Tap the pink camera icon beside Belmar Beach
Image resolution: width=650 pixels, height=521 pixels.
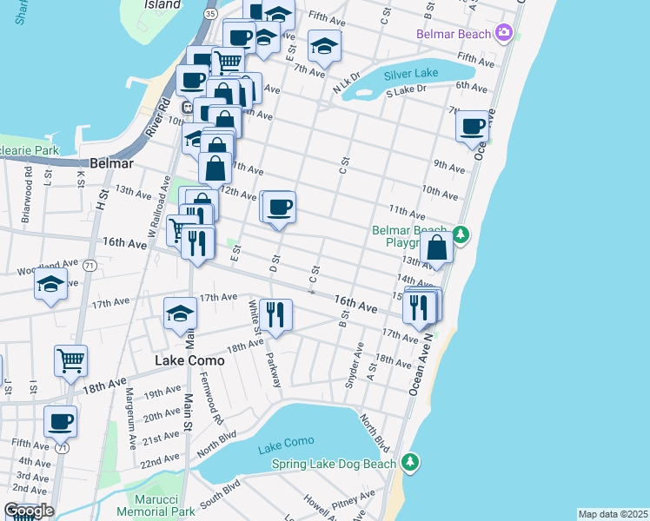(503, 33)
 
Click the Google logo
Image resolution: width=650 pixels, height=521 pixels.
(29, 511)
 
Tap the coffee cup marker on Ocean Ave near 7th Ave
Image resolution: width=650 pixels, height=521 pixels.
(473, 126)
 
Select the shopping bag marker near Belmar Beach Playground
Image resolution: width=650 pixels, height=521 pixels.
(437, 247)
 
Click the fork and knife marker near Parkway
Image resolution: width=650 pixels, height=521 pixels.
(275, 314)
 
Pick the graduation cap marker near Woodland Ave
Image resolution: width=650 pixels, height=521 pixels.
(51, 285)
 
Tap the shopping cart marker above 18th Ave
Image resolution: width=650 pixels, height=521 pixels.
(70, 359)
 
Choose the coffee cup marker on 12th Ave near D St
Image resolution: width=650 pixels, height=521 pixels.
(279, 208)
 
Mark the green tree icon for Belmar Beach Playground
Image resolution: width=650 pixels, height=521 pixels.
(462, 234)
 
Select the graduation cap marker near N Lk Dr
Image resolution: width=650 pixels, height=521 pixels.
(324, 46)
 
